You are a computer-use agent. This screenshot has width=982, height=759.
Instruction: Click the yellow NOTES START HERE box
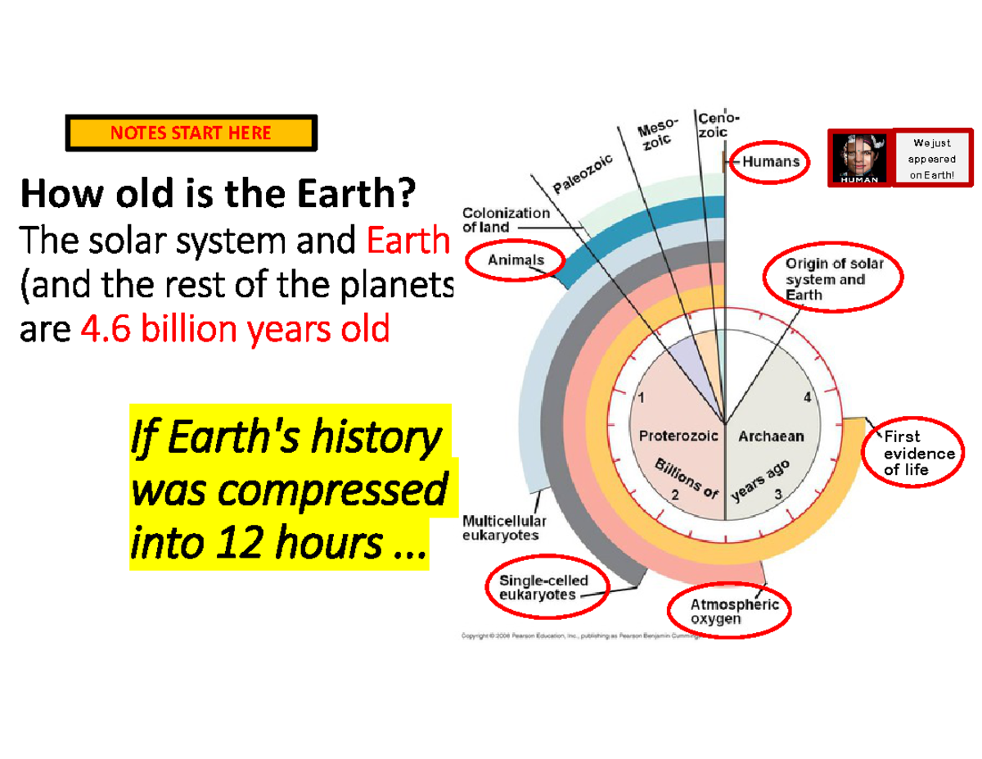(191, 133)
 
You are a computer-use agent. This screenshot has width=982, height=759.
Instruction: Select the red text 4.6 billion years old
(236, 329)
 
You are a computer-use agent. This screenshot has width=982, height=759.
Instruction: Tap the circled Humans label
(770, 162)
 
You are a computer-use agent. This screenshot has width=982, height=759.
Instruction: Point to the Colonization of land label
(506, 219)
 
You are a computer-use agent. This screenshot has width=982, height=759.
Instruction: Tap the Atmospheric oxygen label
(728, 612)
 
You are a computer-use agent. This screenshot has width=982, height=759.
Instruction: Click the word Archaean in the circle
(771, 436)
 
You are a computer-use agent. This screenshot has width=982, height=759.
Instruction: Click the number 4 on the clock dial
(807, 398)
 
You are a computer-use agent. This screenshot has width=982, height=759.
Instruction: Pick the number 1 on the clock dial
(640, 398)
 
